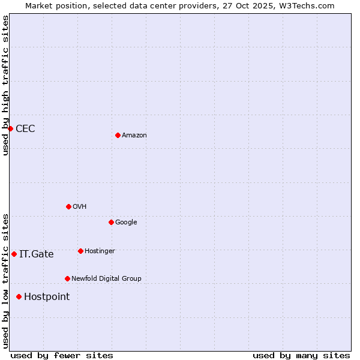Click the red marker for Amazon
click(118, 135)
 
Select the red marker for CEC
click(10, 128)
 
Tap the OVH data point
click(68, 206)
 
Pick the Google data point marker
click(111, 222)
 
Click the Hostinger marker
click(80, 251)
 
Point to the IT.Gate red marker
click(14, 254)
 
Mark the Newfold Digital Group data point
click(67, 278)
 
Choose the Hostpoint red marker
click(19, 296)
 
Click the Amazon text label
click(134, 136)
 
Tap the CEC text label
click(25, 129)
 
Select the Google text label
click(126, 223)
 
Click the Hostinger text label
click(100, 251)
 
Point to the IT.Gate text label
click(37, 254)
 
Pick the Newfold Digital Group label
click(106, 279)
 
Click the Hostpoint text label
click(47, 297)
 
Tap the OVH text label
click(80, 207)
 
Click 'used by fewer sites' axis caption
click(62, 355)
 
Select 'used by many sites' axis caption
click(301, 355)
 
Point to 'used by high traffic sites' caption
click(5, 85)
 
